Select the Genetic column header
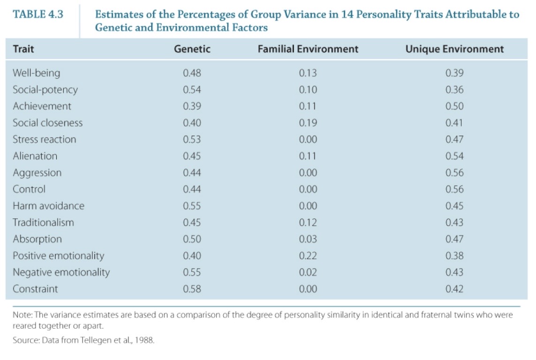pos(192,49)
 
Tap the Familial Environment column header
pos(308,49)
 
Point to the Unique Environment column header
pos(454,49)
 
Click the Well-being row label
pos(36,73)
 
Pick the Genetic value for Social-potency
pos(192,90)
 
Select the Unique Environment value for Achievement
pos(454,106)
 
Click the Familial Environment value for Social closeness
pos(308,123)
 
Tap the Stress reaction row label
pos(44,139)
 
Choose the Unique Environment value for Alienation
pos(454,156)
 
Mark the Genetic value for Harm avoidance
pos(192,206)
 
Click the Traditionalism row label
pos(43,222)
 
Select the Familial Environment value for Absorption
pos(308,239)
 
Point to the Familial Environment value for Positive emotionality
pos(308,255)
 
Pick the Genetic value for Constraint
pos(192,289)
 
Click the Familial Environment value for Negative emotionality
pos(308,272)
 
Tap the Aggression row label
pos(37,172)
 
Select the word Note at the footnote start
pos(21,315)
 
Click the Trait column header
pos(23,49)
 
